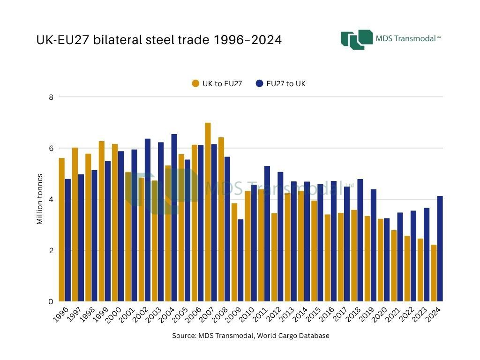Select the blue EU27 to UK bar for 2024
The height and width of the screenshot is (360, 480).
[x=440, y=248]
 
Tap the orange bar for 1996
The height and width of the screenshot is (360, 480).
[x=61, y=230]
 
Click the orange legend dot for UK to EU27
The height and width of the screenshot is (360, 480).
[x=195, y=84]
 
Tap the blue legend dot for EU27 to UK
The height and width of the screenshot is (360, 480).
[x=259, y=84]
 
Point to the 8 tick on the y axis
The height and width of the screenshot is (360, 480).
[x=52, y=97]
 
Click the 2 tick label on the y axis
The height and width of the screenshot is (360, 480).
[x=52, y=250]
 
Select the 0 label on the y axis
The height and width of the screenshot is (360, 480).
[x=52, y=301]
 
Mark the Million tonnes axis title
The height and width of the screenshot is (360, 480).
[x=40, y=199]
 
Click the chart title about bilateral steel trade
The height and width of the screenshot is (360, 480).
[x=159, y=40]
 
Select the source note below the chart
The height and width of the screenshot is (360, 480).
[x=251, y=336]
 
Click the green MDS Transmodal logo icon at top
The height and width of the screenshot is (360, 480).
[x=356, y=39]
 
